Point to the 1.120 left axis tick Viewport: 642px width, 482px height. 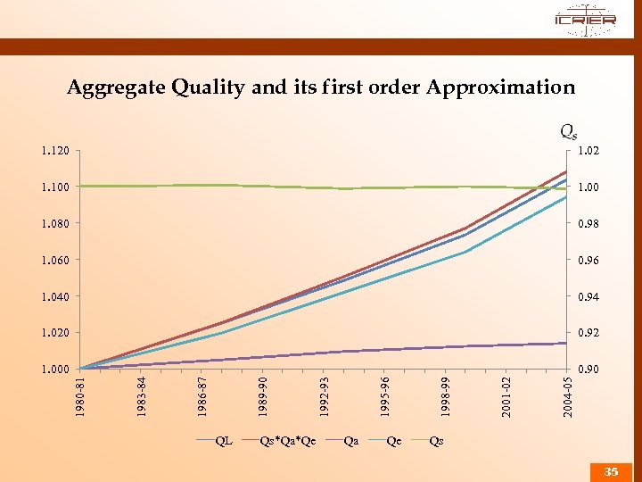pos(54,151)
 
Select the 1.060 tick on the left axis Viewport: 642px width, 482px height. pos(54,261)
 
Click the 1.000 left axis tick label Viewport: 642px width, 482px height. pos(54,369)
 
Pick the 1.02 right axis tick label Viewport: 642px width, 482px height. pos(588,151)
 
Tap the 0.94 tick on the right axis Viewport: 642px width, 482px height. pos(588,296)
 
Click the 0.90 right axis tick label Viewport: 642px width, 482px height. pos(588,369)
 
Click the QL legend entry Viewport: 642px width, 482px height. pos(224,440)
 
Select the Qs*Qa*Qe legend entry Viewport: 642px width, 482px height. pos(287,440)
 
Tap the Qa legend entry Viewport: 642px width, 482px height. pos(350,440)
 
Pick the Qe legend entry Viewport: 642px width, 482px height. pos(393,440)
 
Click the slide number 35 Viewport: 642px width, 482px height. pos(611,471)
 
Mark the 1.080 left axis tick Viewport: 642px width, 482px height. pos(54,224)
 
